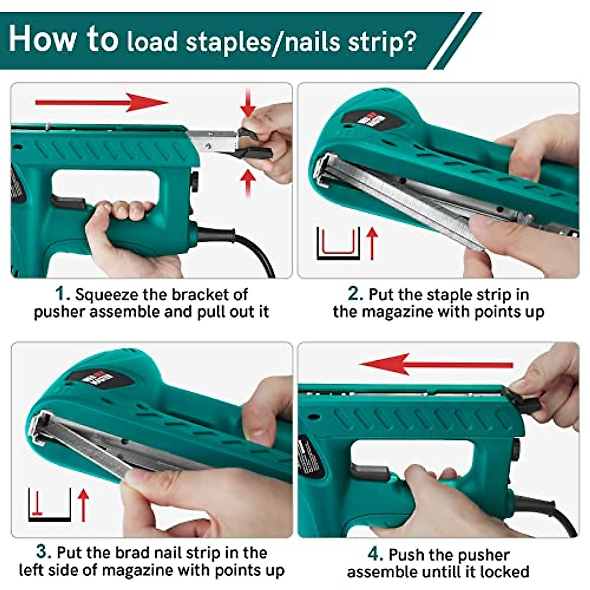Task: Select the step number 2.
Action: point(355,294)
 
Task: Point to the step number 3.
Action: point(44,552)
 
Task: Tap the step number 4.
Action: point(375,554)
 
